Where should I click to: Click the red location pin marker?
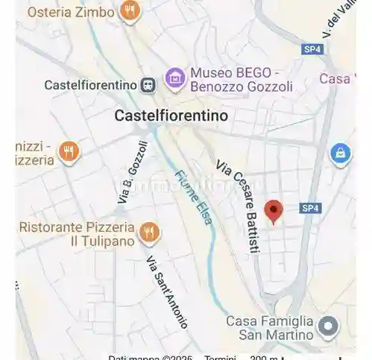coord(274,210)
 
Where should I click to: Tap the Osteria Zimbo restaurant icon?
coord(130,11)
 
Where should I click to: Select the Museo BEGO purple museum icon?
coord(174,77)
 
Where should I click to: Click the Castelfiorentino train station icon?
coord(149,85)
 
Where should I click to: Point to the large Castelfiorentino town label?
coord(171,116)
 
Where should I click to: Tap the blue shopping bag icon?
coord(340,154)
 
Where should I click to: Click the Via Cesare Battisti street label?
coord(237,209)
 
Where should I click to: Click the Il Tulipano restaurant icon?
coord(149,233)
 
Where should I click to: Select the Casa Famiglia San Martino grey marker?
coord(327,326)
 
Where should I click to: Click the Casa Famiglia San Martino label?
coord(269,328)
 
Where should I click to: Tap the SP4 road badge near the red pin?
coord(310,209)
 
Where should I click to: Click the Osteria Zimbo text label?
coord(71,12)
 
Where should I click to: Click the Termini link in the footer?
coord(221,358)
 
